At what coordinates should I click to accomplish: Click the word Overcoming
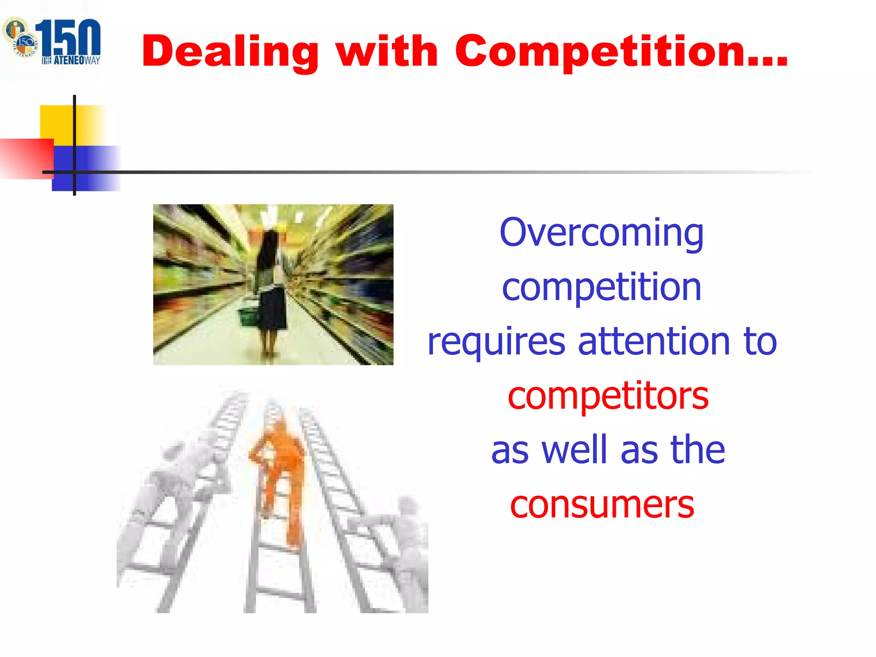(601, 233)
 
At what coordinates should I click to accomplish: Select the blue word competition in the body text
(601, 287)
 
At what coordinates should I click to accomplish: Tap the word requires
(496, 342)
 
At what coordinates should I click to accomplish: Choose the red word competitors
(607, 396)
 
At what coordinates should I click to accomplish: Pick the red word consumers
(601, 505)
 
